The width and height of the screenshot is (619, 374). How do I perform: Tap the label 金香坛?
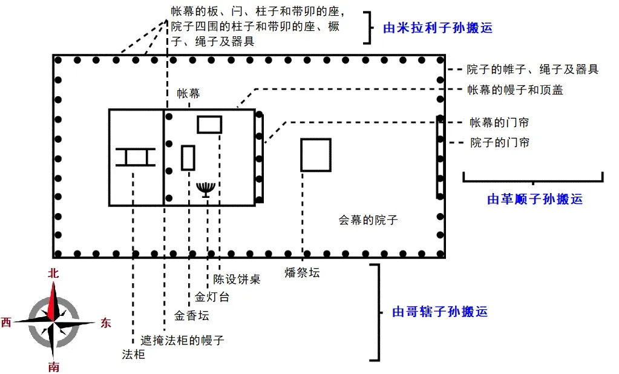[191, 315]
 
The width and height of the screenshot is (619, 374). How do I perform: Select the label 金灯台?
[212, 297]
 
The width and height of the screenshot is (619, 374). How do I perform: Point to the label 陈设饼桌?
[237, 280]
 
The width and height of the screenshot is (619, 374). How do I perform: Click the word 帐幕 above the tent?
[188, 94]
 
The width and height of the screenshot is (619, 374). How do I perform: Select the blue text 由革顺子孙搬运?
[535, 199]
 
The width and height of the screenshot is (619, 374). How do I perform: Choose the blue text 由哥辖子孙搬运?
[440, 312]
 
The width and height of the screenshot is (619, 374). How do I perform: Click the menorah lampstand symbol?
[206, 188]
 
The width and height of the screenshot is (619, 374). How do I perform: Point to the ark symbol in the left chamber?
[135, 157]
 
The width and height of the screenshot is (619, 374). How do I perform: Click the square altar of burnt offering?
[316, 155]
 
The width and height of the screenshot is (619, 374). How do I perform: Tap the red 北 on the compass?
[53, 273]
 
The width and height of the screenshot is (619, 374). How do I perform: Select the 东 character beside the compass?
[105, 323]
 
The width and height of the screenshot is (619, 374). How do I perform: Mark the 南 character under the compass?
[53, 367]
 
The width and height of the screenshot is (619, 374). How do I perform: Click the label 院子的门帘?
[500, 143]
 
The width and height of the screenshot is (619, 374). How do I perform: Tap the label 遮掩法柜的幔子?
[182, 341]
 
